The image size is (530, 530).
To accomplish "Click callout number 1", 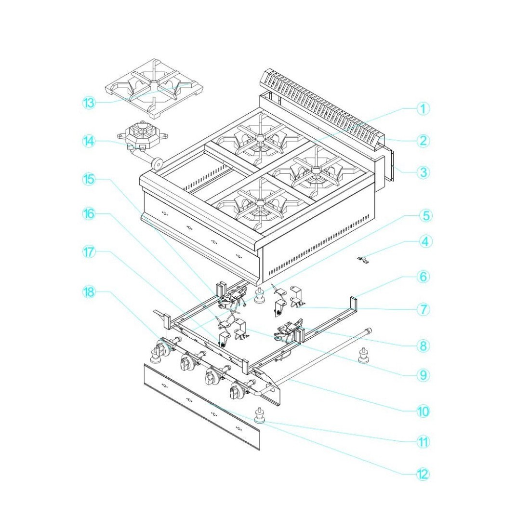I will tap(423, 109).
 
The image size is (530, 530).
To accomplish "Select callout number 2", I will tap(423, 141).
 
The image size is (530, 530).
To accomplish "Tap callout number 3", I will tap(423, 172).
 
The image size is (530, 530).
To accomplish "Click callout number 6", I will tap(423, 277).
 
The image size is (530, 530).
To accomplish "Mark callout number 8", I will tap(423, 345).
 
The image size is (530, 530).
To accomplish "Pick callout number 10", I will tap(423, 411).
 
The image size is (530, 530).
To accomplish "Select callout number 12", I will tap(423, 474).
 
